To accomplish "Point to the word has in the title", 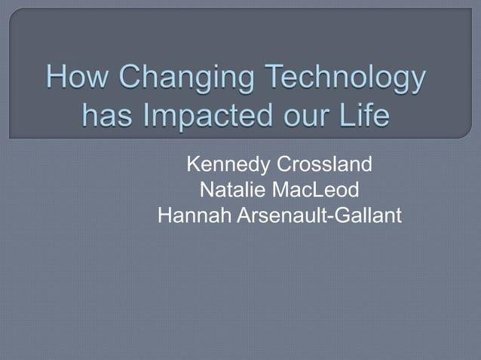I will (104, 117).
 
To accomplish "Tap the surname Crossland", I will (326, 164).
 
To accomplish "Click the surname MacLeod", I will (320, 191).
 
